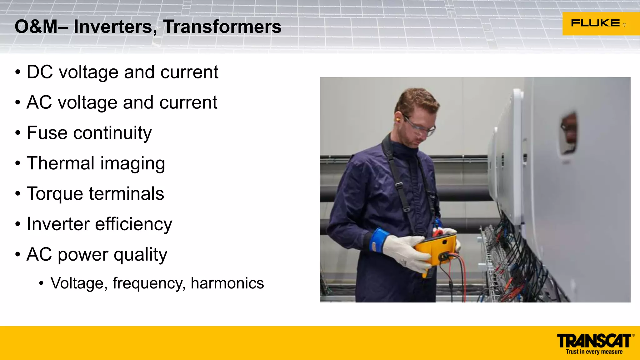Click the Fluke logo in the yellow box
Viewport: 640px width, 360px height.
[x=595, y=23]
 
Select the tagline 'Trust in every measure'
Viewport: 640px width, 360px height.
[x=594, y=352]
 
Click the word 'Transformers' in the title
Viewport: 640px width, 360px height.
[x=222, y=27]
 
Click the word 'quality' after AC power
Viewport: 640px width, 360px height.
[x=140, y=255]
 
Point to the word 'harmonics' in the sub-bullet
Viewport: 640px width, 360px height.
[x=227, y=283]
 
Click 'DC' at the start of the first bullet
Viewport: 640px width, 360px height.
[x=40, y=72]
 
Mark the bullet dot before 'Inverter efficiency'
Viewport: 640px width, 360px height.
[x=18, y=224]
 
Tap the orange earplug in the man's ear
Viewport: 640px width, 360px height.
[x=398, y=120]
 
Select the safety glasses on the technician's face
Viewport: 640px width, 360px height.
[x=420, y=126]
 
